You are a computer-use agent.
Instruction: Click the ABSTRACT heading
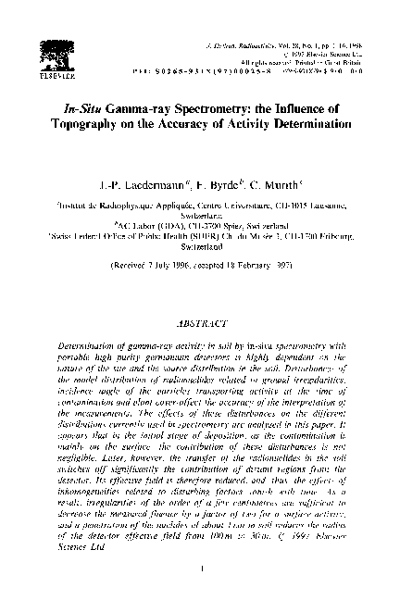pos(199,326)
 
